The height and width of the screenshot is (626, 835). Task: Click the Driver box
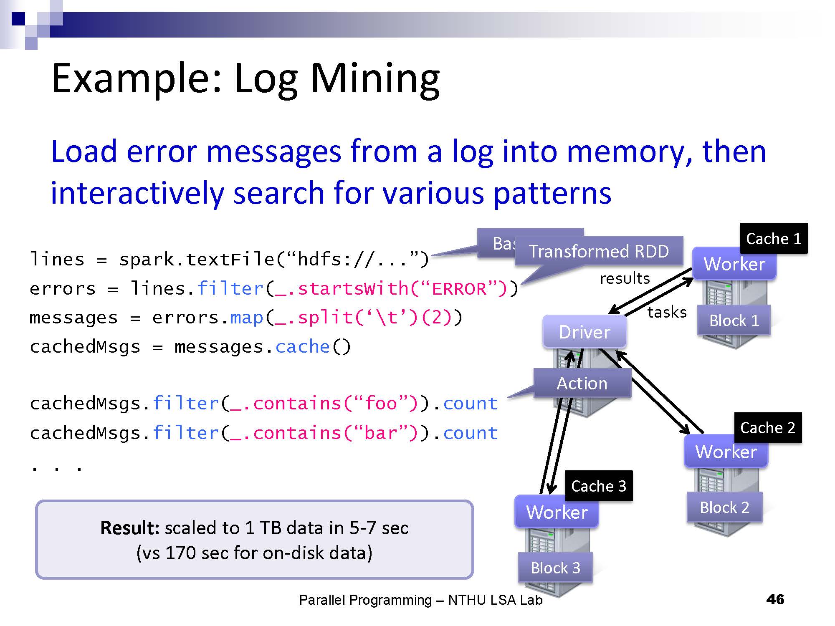pos(584,332)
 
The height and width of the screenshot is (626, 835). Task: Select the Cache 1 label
pos(774,239)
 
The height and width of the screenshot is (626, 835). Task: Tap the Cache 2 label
pos(768,428)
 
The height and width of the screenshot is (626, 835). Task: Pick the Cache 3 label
pos(599,486)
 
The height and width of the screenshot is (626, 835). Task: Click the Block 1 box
pos(734,321)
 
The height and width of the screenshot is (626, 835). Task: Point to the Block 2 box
pos(724,507)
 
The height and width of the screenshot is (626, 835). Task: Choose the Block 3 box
pos(555,568)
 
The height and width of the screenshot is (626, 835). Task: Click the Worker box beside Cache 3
pos(557,512)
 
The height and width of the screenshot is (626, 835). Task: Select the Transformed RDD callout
pos(599,251)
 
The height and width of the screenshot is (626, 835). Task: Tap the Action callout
pos(582,383)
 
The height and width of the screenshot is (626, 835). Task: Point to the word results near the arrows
pos(625,278)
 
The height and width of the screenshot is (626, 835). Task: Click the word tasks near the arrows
pos(667,312)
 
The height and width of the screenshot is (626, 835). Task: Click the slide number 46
pos(775,600)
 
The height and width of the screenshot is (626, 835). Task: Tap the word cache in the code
pos(303,347)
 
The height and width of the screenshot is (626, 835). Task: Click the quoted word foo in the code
pos(380,404)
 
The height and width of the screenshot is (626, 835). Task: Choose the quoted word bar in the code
pos(380,433)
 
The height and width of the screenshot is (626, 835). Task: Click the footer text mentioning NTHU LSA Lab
pos(420,600)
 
